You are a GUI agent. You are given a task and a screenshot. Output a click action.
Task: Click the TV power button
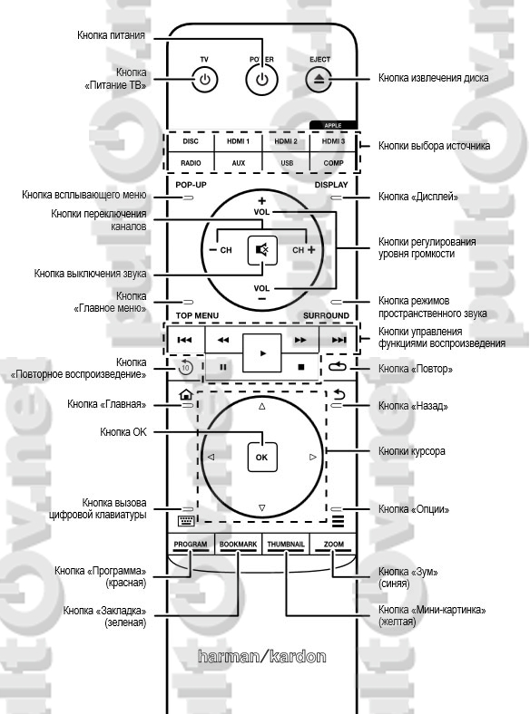point(205,80)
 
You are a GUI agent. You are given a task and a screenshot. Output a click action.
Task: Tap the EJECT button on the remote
point(319,79)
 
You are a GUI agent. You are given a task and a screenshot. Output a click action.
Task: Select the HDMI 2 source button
point(286,141)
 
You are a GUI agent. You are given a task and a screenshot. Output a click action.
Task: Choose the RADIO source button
point(191,162)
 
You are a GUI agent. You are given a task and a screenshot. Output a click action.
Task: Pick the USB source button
point(287,162)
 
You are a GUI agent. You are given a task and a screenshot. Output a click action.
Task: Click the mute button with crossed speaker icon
point(262,250)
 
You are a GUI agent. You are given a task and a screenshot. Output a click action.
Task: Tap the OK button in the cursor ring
point(261,458)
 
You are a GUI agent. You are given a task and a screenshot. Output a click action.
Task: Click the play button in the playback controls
point(262,352)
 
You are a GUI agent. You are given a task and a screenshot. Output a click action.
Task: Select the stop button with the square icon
point(301,367)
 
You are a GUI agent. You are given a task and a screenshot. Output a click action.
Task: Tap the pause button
point(223,367)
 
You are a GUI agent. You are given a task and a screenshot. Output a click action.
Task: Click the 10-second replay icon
point(186,367)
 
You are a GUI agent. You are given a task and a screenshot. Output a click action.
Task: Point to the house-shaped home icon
point(186,394)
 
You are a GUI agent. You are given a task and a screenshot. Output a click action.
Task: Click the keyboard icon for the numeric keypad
point(186,521)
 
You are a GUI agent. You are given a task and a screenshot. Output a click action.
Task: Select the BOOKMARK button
point(238,545)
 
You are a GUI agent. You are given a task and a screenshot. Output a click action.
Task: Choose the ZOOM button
point(334,545)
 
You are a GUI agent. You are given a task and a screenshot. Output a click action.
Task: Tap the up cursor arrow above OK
point(261,406)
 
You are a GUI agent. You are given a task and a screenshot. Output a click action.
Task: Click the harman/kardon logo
point(262,656)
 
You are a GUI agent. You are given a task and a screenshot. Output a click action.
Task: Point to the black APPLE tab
point(333,125)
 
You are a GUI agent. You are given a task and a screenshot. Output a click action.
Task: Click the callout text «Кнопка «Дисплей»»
point(418,197)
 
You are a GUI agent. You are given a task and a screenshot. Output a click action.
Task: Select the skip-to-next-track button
point(339,340)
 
